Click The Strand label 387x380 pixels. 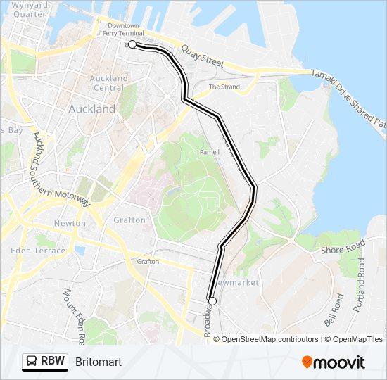click(224, 87)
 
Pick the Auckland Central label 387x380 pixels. click(109, 83)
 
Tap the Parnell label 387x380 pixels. click(210, 151)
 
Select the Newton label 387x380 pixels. click(70, 224)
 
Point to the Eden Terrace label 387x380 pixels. click(39, 251)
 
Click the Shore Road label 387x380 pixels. click(343, 246)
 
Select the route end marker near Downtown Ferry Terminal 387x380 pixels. click(132, 44)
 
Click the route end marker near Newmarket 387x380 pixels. click(212, 301)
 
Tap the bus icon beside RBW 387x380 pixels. click(32, 362)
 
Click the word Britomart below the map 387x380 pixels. click(98, 362)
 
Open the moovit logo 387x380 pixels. click(334, 362)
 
